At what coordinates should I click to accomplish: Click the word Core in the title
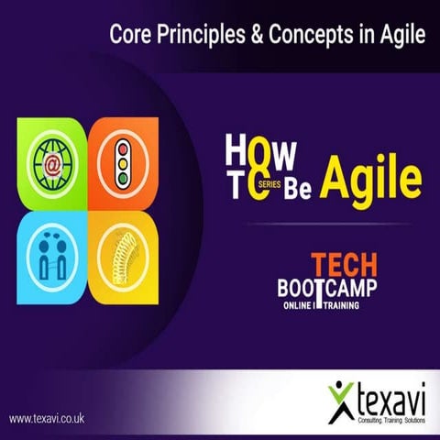coord(129,36)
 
